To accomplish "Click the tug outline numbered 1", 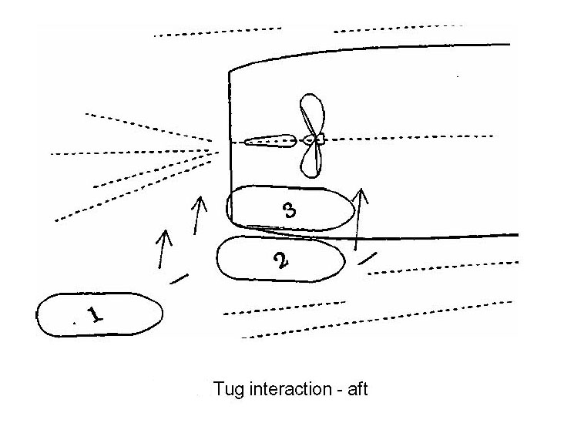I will point(99,314).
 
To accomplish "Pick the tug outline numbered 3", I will point(287,208).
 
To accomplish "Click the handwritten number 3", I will point(290,209).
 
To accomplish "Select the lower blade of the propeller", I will point(310,163).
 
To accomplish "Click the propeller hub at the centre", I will point(313,139).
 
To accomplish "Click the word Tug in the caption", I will point(228,389).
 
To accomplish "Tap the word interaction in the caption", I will point(284,389).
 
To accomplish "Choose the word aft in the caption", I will point(356,389).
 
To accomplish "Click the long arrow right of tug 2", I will point(359,219).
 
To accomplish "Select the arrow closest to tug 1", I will point(163,249).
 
